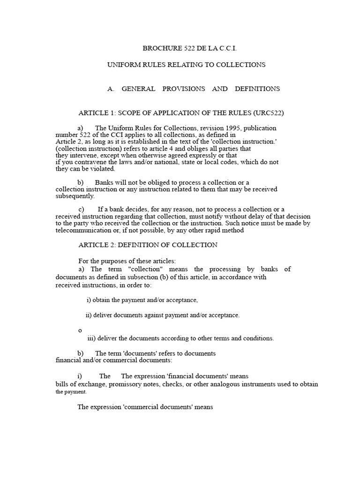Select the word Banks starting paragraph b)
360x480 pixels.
tap(104, 182)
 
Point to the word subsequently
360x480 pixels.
tap(75, 196)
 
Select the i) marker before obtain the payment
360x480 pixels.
tap(89, 300)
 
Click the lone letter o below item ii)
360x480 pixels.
tap(80, 330)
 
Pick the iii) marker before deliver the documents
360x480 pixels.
tap(91, 338)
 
